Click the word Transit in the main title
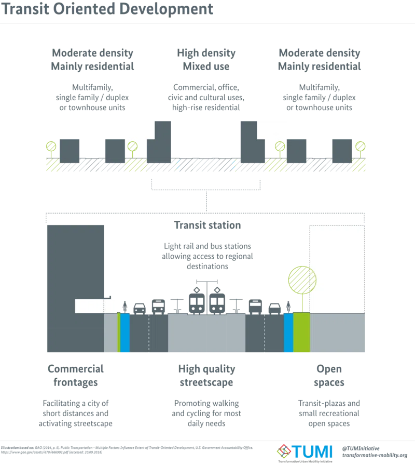point(25,9)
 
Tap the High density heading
point(206,53)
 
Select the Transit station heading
point(207,225)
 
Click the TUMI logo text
point(312,452)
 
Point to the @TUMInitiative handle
point(361,448)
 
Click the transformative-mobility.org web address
point(375,455)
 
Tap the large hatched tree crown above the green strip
point(302,280)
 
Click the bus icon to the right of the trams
point(255,307)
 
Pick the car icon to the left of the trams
point(140,309)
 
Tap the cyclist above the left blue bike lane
point(125,307)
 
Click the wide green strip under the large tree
point(301,333)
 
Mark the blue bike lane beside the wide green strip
point(288,333)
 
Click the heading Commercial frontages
point(76,376)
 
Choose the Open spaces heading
point(329,376)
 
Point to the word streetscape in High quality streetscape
point(206,382)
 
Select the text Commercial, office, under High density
point(206,87)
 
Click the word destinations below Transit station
point(207,267)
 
